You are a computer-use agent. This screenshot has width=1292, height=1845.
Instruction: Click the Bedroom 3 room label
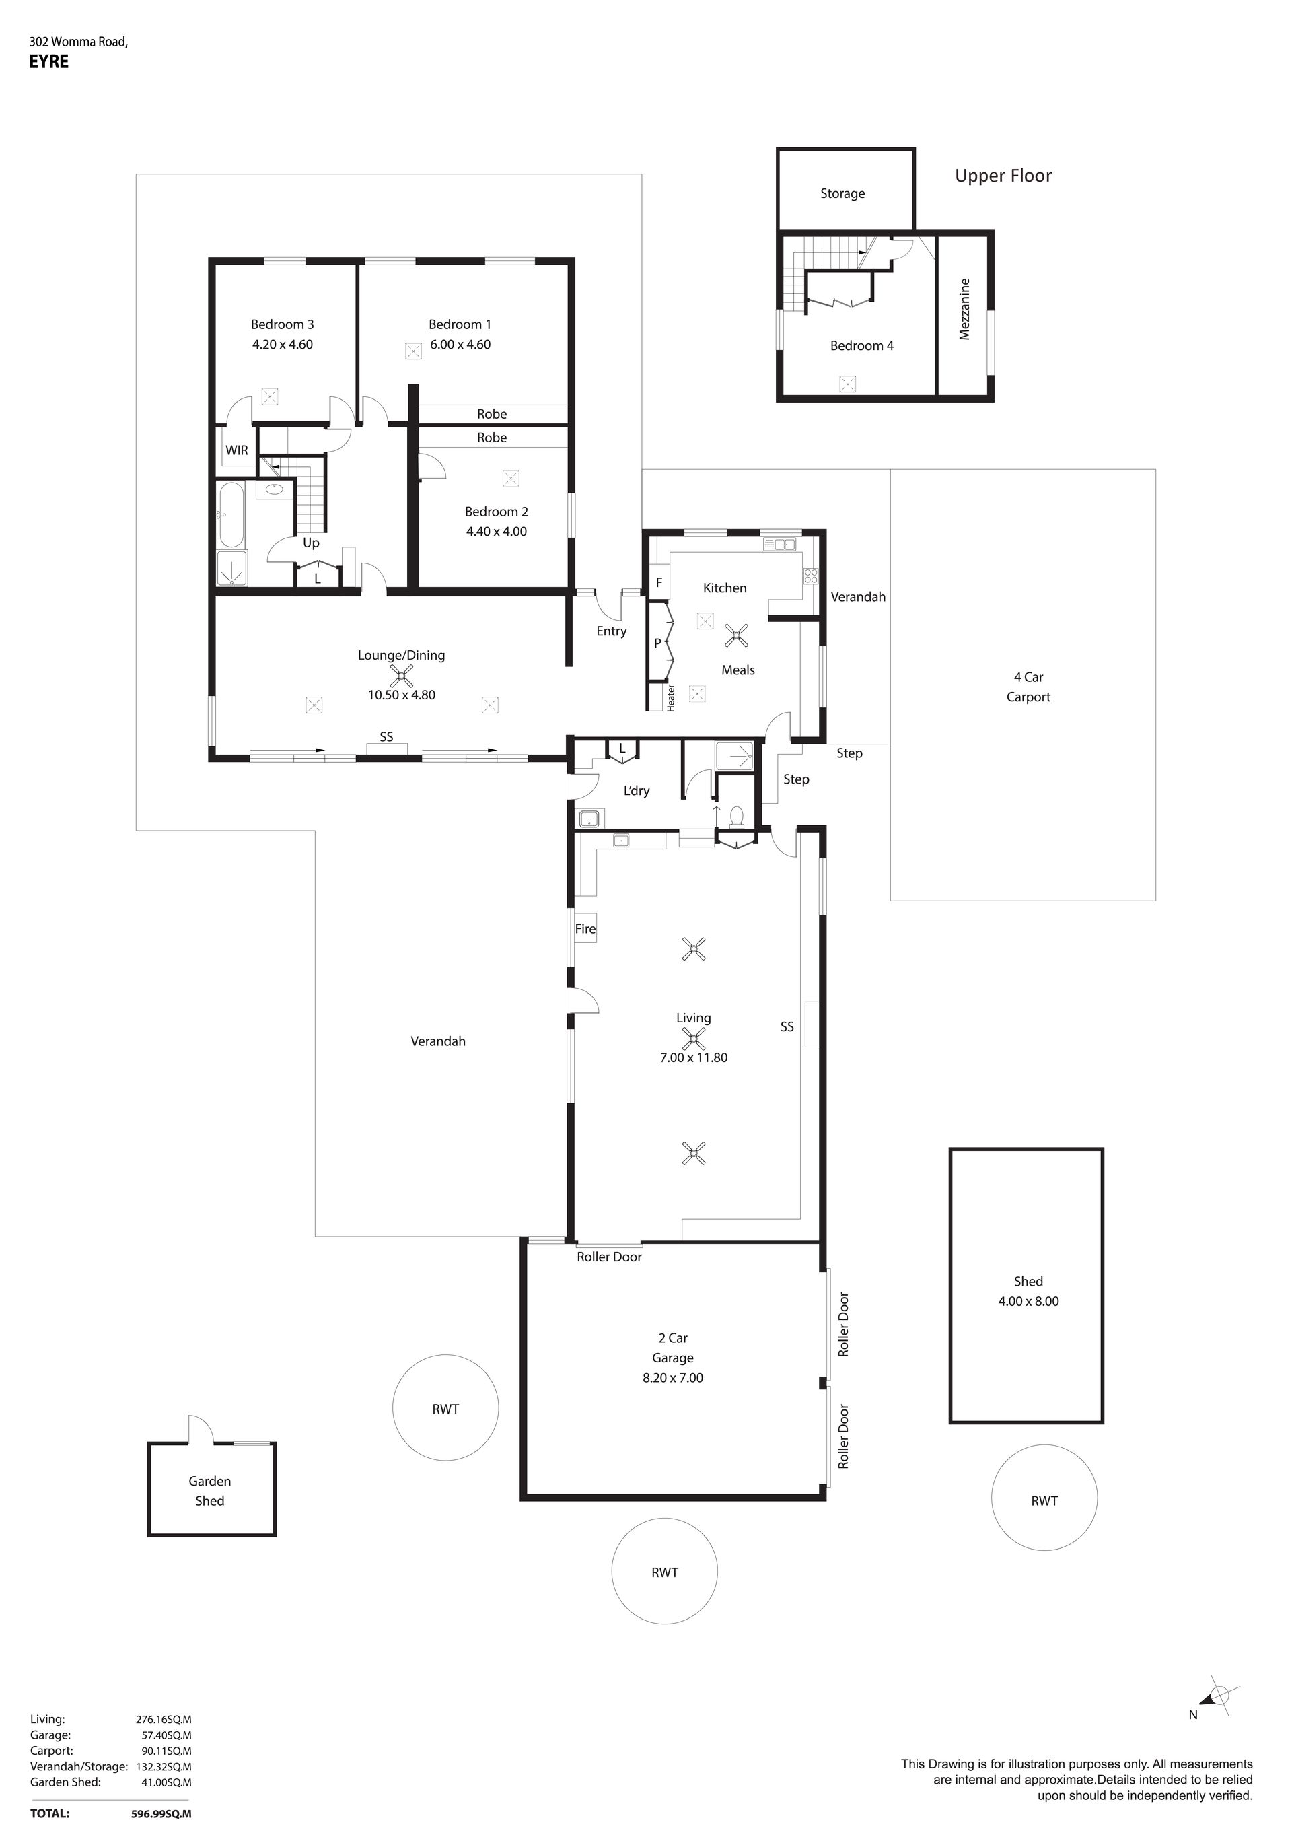pos(282,324)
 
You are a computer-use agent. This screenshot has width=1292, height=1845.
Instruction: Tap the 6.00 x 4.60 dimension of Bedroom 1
pos(460,345)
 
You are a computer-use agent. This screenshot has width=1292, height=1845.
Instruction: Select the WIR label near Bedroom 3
pos(236,451)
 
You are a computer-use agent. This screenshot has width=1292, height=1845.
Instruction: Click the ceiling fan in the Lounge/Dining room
pos(401,676)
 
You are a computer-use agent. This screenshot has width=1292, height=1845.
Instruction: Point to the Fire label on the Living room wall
pos(585,929)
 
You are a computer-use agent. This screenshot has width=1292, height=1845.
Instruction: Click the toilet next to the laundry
pos(735,817)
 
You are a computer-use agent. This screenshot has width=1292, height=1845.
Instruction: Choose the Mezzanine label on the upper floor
pos(965,310)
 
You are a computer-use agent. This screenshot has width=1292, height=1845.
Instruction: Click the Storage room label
pos(842,194)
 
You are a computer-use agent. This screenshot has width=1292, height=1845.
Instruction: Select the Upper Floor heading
pos(1003,176)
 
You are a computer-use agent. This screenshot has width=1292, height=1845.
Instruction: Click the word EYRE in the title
pos(49,62)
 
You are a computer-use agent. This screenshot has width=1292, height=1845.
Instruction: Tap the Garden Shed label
pos(210,1491)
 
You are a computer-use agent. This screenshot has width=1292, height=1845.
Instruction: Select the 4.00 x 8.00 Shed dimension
pos(1028,1302)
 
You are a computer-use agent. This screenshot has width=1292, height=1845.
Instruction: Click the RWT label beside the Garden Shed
pos(445,1409)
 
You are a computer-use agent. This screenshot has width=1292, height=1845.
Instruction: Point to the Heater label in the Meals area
pos(671,697)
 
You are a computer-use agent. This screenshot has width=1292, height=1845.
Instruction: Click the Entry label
pos(612,631)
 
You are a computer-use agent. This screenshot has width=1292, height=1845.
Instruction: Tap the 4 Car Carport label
pos(1028,687)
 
